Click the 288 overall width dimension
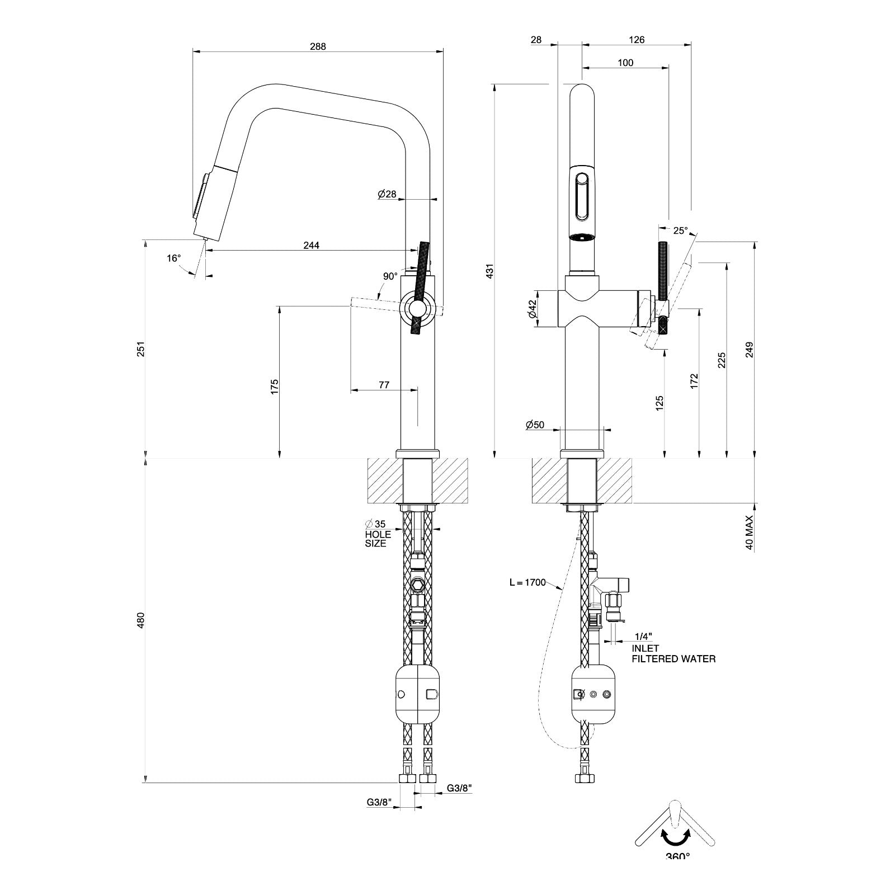[318, 47]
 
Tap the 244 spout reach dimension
[311, 246]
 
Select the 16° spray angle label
[174, 258]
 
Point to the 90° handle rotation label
[390, 276]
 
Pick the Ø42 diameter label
[532, 308]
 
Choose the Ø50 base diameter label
[535, 425]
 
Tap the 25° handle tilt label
[680, 230]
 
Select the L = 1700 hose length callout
[527, 582]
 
